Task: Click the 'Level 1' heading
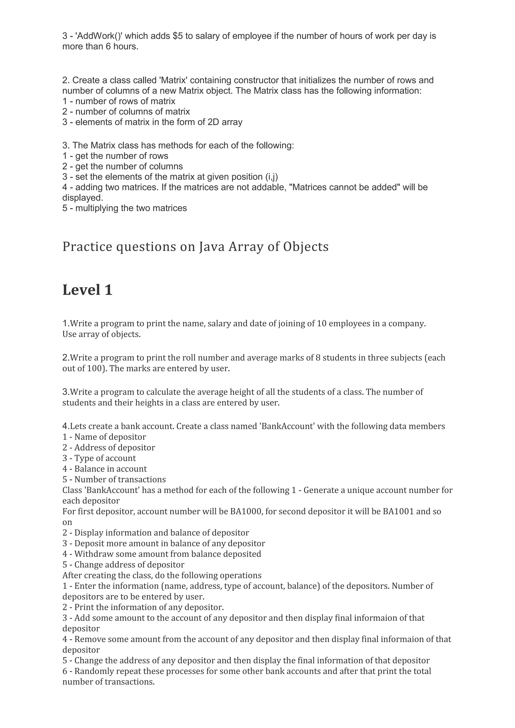pos(87,290)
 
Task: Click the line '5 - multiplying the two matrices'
pos(125,208)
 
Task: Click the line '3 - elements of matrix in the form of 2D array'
pos(152,122)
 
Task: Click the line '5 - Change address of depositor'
pos(123,565)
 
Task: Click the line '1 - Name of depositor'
pos(104,437)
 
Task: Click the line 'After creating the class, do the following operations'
pos(162,575)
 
